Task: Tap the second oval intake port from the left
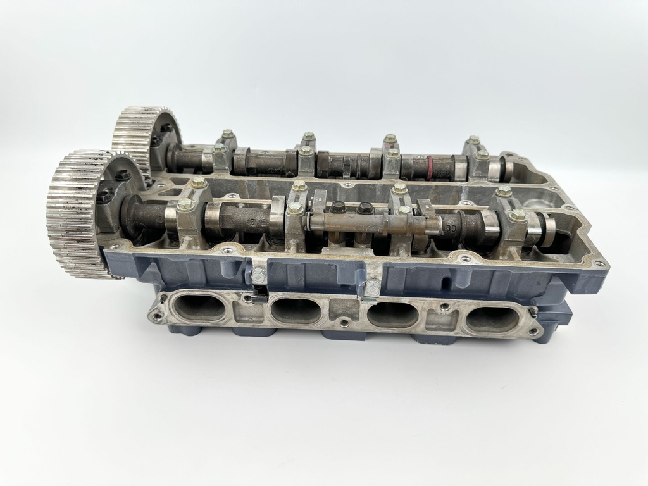295,311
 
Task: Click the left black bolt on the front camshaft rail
339,206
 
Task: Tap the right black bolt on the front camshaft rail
365,208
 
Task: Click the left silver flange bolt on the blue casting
258,276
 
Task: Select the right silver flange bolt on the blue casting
373,288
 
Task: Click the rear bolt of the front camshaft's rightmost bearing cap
504,190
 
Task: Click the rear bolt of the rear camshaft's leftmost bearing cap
227,134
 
